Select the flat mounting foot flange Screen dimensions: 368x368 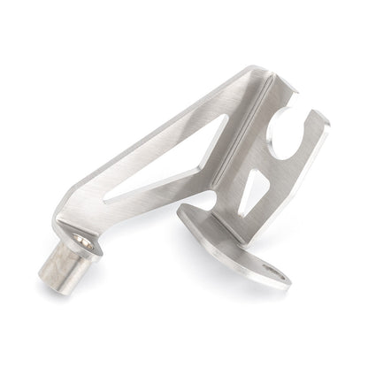tap(230, 243)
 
